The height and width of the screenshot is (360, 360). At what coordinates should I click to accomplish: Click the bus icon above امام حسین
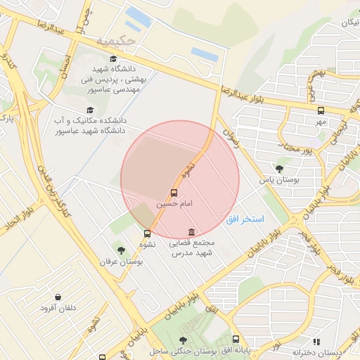[x=174, y=192]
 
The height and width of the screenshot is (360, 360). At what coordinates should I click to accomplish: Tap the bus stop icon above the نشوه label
[x=147, y=233]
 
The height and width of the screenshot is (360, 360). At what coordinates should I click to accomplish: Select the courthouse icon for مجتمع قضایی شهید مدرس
[x=191, y=232]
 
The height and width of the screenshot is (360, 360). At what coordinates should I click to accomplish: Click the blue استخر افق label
[x=245, y=220]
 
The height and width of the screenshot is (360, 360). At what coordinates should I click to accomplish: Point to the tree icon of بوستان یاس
[x=280, y=169]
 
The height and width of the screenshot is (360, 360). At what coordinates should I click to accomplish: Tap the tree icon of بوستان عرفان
[x=121, y=250]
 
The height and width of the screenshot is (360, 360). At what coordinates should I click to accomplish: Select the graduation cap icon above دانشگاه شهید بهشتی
[x=113, y=60]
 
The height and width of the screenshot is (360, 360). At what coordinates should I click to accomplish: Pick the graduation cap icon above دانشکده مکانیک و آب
[x=89, y=110]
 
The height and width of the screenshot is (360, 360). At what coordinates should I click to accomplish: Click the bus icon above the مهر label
[x=321, y=110]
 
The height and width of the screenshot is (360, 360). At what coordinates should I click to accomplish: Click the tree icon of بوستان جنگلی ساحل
[x=184, y=340]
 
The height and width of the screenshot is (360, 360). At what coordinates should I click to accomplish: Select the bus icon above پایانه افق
[x=235, y=339]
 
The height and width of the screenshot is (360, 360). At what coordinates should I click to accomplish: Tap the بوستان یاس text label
[x=276, y=180]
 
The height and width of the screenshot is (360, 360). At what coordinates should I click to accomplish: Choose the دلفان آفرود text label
[x=57, y=308]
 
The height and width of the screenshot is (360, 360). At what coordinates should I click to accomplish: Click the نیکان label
[x=349, y=23]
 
